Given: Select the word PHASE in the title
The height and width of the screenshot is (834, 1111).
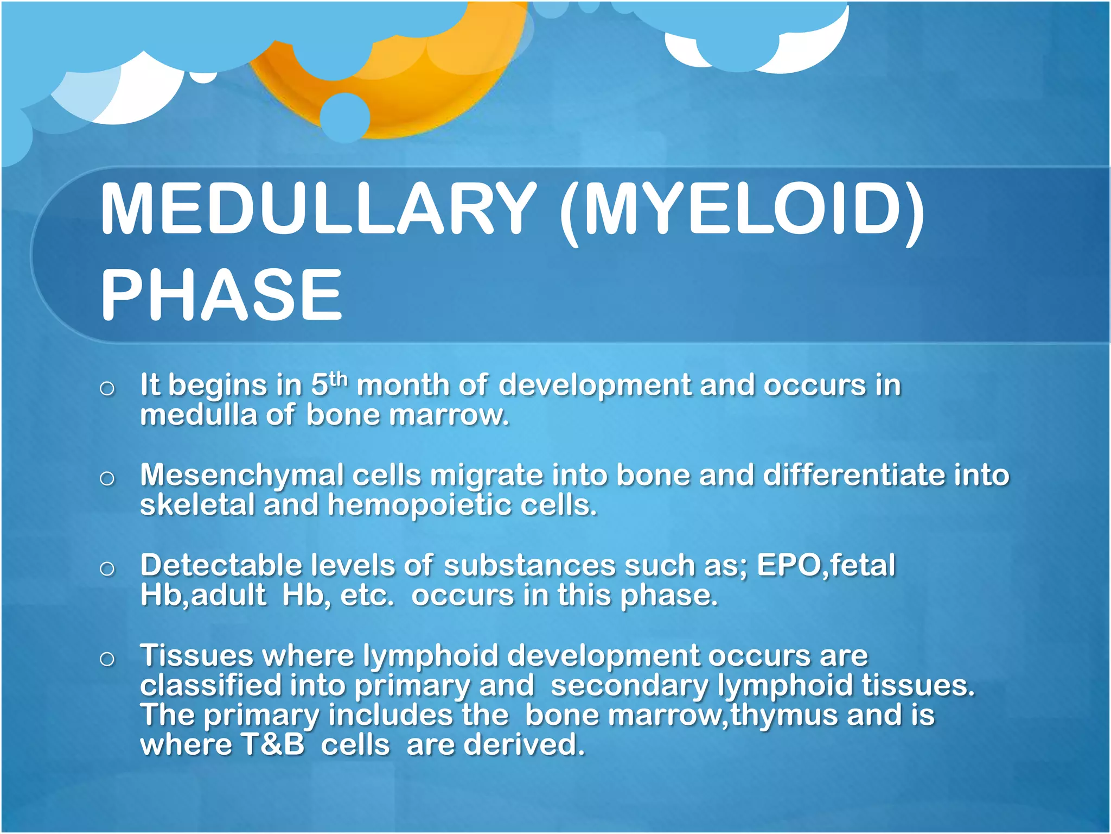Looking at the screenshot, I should click(x=222, y=295).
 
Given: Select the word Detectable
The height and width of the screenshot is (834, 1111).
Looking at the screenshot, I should click(x=221, y=565).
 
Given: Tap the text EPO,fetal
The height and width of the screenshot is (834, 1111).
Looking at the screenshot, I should click(x=826, y=565).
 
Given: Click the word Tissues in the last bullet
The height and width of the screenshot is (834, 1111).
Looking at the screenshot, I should click(x=196, y=655).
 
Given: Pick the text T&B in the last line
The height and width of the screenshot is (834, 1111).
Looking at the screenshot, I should click(x=273, y=744).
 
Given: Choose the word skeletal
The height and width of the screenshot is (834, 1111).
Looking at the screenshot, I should click(x=197, y=505).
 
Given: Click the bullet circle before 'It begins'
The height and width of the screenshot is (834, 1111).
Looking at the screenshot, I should click(x=107, y=388).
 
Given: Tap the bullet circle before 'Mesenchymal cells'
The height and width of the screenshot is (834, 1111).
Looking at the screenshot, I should click(x=107, y=478).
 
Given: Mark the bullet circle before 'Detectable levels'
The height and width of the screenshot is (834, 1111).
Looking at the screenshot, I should click(x=107, y=569).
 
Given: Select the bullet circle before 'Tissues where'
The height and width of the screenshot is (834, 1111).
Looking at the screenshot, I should click(x=107, y=659).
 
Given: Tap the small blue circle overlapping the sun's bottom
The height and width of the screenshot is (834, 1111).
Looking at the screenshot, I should click(x=345, y=117).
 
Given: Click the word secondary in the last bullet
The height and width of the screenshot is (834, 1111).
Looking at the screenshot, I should click(x=629, y=685).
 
